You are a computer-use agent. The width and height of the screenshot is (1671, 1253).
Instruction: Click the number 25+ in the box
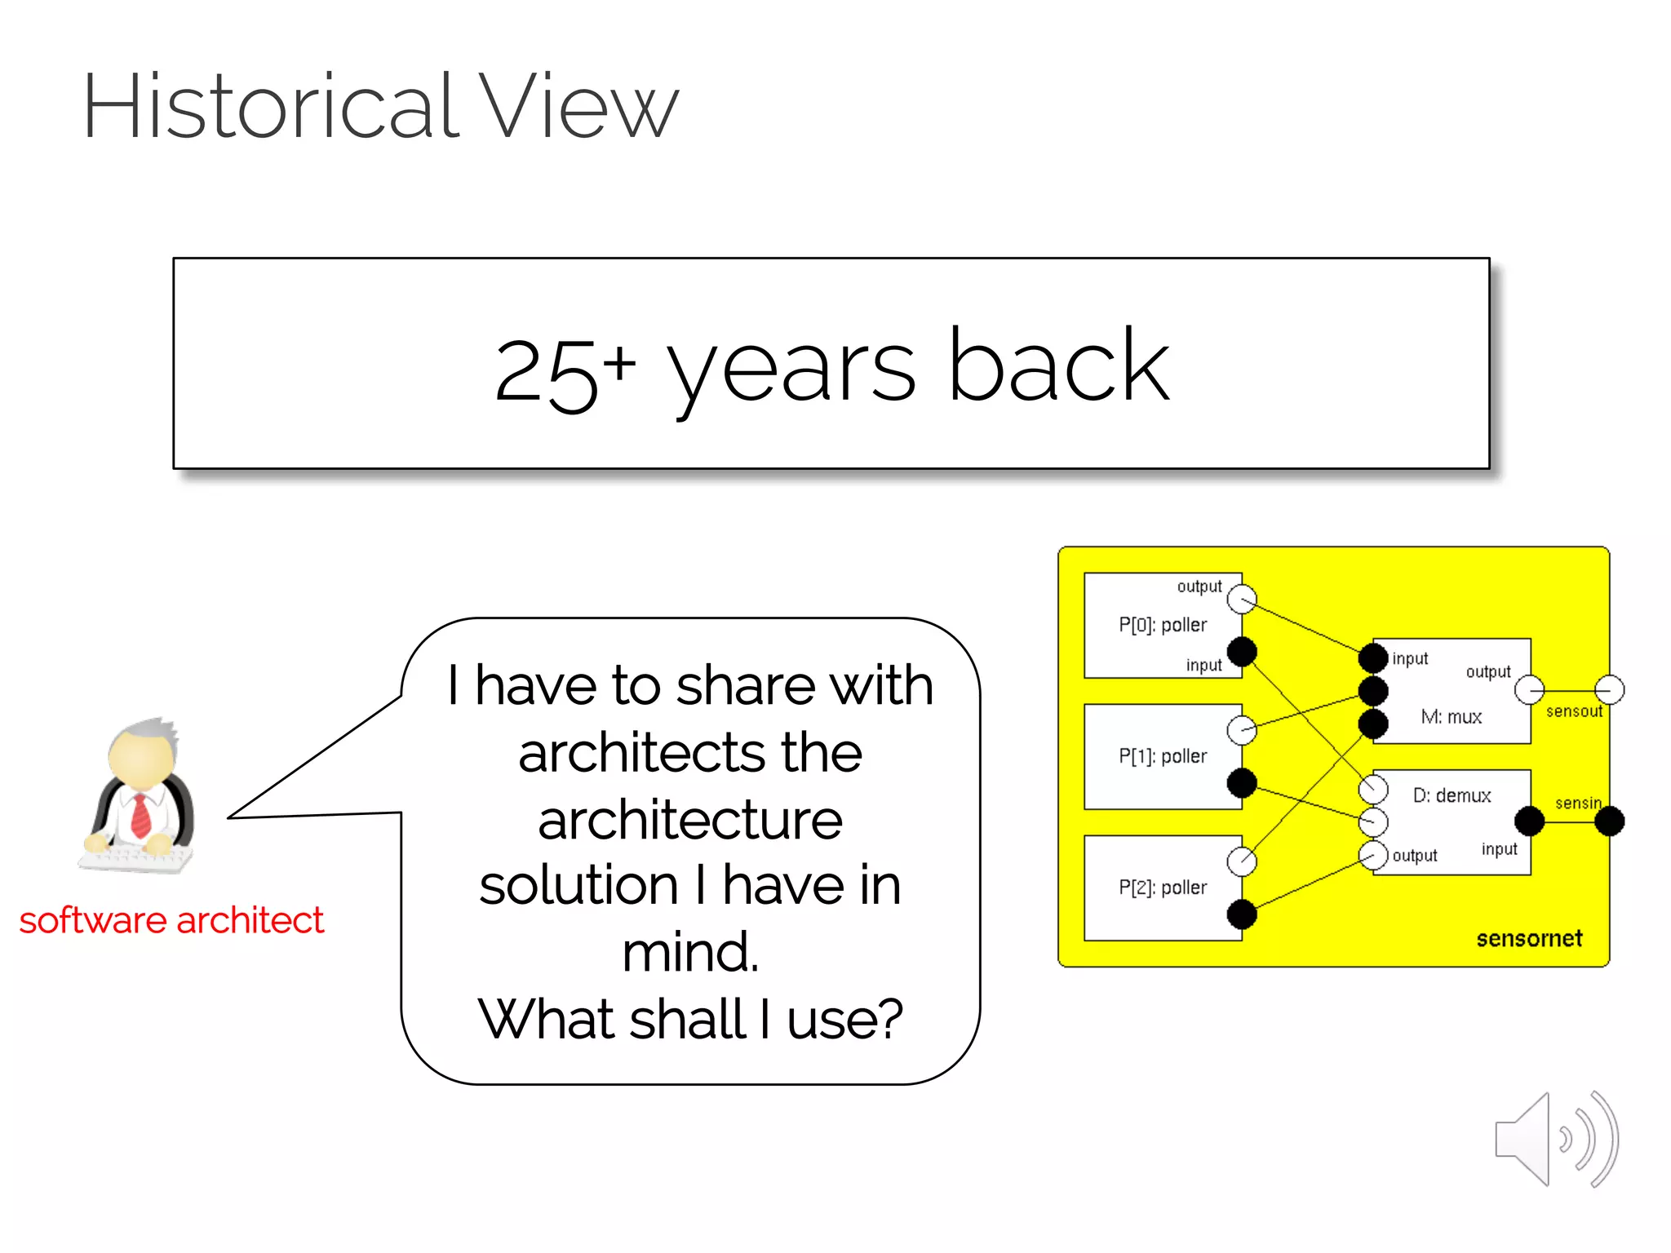click(x=563, y=371)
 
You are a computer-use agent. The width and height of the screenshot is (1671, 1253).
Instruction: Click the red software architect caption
click(x=171, y=921)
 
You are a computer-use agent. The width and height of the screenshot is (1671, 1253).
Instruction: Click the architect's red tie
click(x=141, y=815)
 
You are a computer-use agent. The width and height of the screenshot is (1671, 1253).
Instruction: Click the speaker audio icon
click(x=1555, y=1140)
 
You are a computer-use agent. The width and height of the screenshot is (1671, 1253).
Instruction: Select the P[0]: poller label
click(x=1162, y=626)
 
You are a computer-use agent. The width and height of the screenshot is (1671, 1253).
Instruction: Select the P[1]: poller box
click(x=1162, y=756)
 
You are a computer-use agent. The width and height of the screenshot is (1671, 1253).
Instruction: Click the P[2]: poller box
click(x=1162, y=888)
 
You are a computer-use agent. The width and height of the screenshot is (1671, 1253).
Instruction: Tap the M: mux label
click(x=1451, y=717)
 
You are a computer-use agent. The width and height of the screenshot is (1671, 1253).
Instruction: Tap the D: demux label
click(x=1452, y=795)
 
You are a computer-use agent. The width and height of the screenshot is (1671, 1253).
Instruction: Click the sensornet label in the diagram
click(x=1528, y=939)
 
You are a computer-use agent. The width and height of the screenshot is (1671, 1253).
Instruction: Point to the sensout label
click(x=1574, y=711)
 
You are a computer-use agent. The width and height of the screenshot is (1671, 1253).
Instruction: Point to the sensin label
click(x=1578, y=804)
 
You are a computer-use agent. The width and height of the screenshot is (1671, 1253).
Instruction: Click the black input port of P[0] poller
click(x=1242, y=652)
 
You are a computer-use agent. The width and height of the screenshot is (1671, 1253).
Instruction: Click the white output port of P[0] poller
click(x=1242, y=600)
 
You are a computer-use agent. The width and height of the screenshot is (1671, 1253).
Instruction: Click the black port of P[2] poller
click(x=1242, y=914)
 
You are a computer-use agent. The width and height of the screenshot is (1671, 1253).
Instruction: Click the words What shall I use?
click(x=690, y=1019)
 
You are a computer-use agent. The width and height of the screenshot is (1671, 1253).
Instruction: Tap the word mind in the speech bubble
click(x=690, y=952)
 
